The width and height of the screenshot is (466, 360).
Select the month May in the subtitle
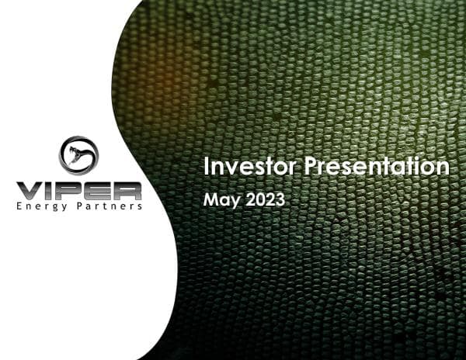[220, 199]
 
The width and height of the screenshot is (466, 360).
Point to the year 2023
[266, 199]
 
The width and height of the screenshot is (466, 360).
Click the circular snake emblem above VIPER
[79, 155]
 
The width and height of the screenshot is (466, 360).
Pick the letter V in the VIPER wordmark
[30, 191]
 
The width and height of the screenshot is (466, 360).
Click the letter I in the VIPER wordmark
[51, 191]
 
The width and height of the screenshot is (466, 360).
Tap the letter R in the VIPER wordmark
[128, 191]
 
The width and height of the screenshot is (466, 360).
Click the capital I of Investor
[206, 166]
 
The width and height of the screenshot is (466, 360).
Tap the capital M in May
[210, 199]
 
